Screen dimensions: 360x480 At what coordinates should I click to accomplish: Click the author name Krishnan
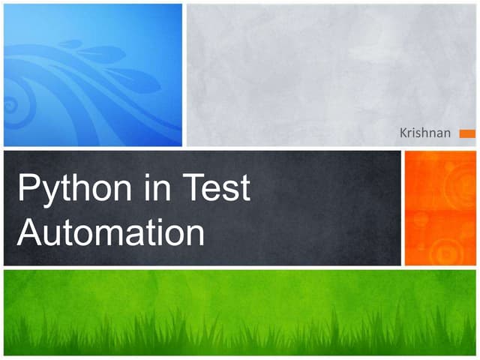(x=426, y=133)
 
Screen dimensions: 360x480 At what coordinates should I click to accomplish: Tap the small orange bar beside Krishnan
(x=467, y=133)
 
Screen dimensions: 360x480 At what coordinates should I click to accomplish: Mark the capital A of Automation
(x=28, y=232)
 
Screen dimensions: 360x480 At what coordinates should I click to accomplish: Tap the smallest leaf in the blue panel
(x=72, y=44)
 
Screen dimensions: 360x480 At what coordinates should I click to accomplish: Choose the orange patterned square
(x=440, y=208)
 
